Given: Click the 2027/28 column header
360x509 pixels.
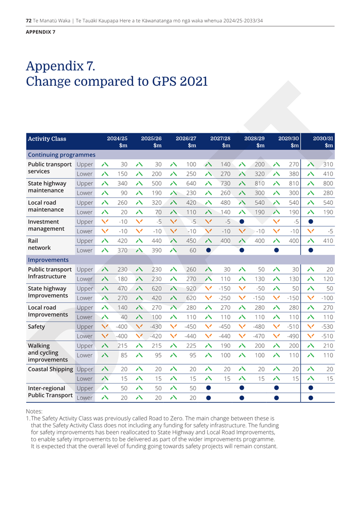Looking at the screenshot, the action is tap(221, 141).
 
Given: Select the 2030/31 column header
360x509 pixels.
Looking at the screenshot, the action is tap(323, 141).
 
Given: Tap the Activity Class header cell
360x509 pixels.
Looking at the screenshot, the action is tap(47, 138).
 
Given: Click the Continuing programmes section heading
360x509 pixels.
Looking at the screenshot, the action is tap(62, 155).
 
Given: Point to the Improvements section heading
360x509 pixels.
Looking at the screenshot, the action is tap(48, 260).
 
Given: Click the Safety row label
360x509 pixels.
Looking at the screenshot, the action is tap(36, 327).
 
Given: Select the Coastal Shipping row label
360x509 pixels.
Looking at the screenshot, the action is tap(50, 369).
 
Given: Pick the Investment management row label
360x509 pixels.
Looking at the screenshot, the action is tap(46, 225).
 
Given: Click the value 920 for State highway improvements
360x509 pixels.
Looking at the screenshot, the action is tap(191, 288).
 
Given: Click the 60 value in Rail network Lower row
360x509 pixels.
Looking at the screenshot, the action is tap(193, 250).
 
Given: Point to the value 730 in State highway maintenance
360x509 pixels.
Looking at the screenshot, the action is tap(225, 183).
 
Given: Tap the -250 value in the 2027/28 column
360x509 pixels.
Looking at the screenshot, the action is tap(224, 298).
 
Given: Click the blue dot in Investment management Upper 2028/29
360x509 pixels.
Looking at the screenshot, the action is tap(242, 221).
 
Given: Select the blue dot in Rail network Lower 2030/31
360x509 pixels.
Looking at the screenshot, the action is tap(311, 250).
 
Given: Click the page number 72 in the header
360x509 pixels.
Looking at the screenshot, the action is tap(28, 20).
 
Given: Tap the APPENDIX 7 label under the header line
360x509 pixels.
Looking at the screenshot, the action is tap(41, 32).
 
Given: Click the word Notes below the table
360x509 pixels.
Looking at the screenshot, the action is tap(34, 411).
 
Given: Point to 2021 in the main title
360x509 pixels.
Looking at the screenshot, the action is tap(194, 81).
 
